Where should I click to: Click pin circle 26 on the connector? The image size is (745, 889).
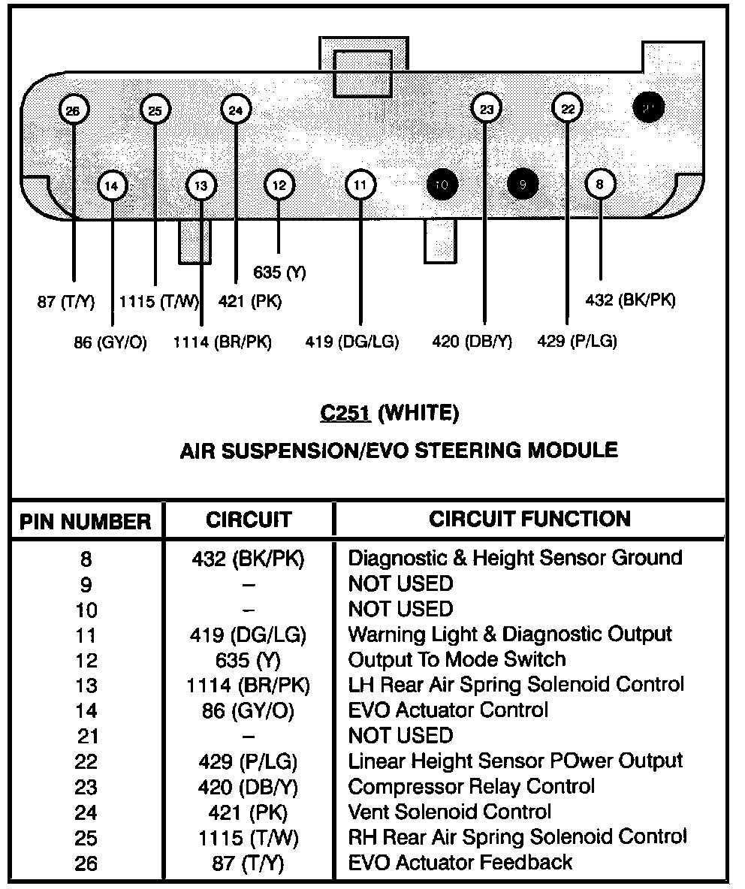(73, 111)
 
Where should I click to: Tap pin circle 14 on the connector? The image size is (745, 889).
(112, 185)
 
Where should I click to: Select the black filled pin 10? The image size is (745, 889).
(442, 185)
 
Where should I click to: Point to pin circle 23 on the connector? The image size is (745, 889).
(487, 110)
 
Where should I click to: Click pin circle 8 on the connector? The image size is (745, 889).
(599, 184)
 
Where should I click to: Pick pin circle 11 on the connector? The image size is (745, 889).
(360, 185)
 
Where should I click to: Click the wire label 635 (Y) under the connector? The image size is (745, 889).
(279, 273)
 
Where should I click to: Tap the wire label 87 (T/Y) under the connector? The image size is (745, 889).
(66, 302)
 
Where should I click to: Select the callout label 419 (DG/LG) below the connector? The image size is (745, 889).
(352, 342)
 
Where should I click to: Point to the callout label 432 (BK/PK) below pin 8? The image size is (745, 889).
(630, 300)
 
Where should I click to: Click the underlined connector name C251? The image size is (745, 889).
(345, 413)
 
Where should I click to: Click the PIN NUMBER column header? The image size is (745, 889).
(85, 522)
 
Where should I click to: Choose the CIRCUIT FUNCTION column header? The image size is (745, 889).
(529, 519)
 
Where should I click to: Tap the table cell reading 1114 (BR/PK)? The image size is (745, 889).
(248, 685)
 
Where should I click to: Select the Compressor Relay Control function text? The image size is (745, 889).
(471, 786)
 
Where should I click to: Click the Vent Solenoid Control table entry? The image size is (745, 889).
(449, 812)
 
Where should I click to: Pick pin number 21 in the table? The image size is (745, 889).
(86, 737)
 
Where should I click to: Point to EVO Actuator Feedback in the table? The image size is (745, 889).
(460, 862)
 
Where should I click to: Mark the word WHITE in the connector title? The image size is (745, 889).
(418, 413)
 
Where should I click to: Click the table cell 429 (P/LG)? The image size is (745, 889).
(248, 761)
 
